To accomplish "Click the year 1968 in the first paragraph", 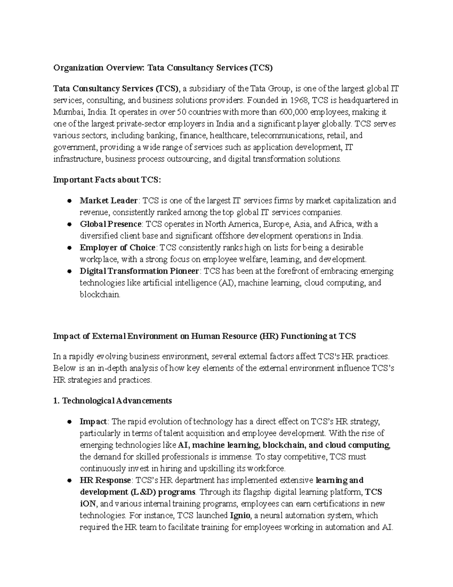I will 290,101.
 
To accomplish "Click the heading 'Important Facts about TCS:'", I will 107,180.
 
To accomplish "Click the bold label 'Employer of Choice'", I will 117,248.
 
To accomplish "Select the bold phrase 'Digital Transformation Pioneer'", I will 139,271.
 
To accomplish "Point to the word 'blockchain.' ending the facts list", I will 100,294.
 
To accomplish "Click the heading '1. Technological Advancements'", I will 112,401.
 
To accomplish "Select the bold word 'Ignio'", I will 240,516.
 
